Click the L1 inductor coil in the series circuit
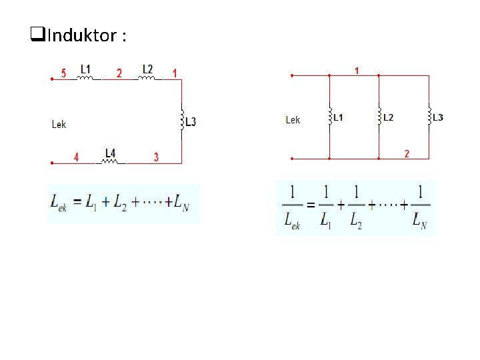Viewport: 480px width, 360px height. [86, 78]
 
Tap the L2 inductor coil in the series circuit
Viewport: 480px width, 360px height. [147, 78]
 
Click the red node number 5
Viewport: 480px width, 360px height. [63, 73]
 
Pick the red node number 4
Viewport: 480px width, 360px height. [76, 157]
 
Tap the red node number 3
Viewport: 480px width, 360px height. [156, 157]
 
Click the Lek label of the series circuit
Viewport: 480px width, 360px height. [59, 124]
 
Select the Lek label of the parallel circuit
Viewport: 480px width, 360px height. [293, 120]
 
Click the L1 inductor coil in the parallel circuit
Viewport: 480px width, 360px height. [329, 117]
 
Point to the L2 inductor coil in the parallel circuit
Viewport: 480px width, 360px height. [378, 117]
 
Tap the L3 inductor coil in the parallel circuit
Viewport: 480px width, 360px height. [429, 117]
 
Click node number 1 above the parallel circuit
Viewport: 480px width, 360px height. [357, 70]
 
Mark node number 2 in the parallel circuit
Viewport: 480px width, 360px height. [407, 154]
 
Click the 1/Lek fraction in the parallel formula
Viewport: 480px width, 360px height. [291, 207]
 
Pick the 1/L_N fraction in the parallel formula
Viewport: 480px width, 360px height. [420, 207]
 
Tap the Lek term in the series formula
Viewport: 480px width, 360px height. [59, 203]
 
